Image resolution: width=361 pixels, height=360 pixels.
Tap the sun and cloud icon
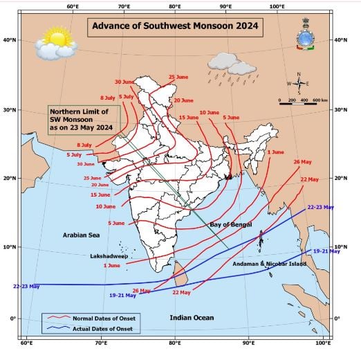55,43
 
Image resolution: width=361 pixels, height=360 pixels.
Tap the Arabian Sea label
79,235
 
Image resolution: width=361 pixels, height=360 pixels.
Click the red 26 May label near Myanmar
306,162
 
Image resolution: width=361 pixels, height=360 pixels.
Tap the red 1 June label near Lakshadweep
111,265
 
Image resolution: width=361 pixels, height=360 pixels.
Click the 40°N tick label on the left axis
10,40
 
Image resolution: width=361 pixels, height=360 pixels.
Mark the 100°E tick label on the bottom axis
322,343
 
